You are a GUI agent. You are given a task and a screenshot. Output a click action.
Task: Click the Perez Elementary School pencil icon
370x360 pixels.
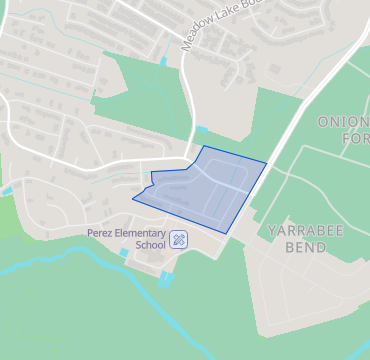pos(179,239)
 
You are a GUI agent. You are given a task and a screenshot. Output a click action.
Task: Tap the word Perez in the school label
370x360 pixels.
pos(101,232)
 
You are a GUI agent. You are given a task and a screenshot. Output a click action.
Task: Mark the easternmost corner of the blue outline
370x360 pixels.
pos(267,162)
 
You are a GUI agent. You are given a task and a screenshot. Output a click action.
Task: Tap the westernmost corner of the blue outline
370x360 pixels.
pos(132,198)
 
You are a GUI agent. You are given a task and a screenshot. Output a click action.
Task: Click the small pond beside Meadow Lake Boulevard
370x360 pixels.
pos(163,62)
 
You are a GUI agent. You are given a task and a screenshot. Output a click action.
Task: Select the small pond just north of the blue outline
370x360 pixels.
pos(202,131)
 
